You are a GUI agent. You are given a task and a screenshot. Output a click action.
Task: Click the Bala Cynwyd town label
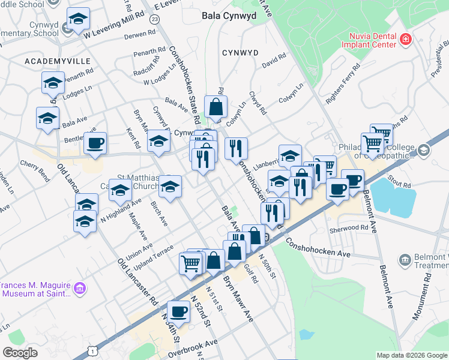coord(229,16)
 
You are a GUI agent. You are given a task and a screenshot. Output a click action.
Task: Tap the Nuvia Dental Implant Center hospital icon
coord(406,40)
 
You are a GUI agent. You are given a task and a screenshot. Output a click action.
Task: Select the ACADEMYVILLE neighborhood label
coord(57,61)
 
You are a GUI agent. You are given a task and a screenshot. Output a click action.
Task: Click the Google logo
coord(20,353)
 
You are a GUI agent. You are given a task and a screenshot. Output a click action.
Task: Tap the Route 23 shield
coord(155,20)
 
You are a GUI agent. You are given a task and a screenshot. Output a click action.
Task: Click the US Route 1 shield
coord(92,349)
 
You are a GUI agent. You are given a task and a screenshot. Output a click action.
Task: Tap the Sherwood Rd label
coord(348,228)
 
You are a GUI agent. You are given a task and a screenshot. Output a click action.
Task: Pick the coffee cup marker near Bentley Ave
coord(95,143)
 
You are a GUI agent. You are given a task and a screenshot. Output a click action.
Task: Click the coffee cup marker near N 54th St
coord(178,311)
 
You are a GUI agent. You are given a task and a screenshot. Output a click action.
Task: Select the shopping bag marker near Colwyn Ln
coord(215,107)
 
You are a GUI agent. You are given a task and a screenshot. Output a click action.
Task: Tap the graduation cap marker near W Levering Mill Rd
coord(78,19)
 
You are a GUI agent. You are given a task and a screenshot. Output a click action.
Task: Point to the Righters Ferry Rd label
coord(343,84)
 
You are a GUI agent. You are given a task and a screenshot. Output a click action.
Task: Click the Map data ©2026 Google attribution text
coord(412,355)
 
